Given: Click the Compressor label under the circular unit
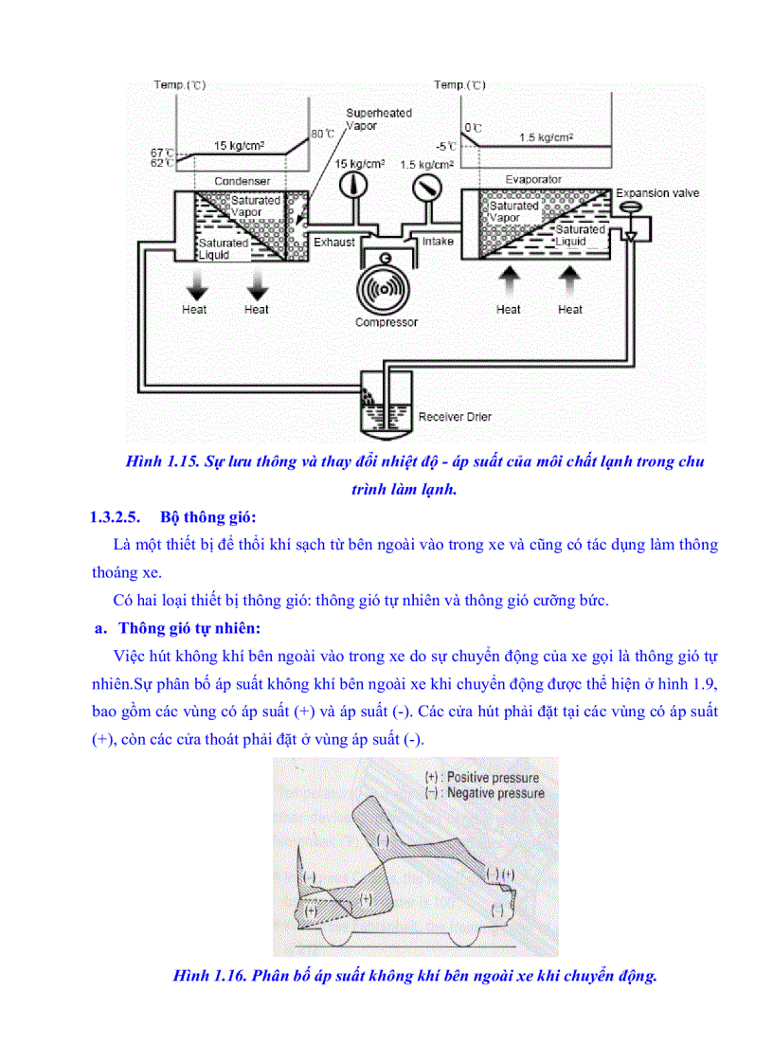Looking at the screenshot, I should point(386,322).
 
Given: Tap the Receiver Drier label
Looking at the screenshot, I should point(455,416).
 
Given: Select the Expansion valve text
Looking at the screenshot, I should point(657,193).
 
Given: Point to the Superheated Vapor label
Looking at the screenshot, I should point(379,118).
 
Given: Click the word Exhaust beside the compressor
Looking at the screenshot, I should point(334,242).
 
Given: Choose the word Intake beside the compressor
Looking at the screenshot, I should point(438,242).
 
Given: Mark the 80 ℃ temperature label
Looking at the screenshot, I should point(322,134).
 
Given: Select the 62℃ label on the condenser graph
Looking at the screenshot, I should point(163,163).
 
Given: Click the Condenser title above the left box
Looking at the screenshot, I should point(243,181).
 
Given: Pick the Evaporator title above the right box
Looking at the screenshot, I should point(533,179).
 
